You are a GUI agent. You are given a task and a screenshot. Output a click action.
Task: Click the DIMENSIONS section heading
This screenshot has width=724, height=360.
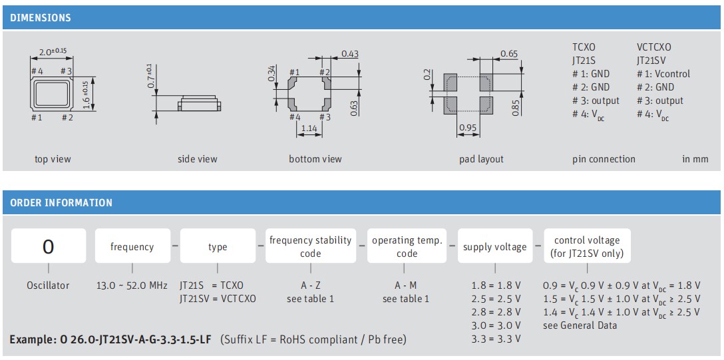click(x=41, y=18)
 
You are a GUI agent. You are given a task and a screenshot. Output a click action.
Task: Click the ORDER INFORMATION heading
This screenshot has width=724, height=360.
click(x=61, y=203)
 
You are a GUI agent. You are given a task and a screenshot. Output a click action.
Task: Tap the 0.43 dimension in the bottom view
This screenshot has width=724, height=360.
click(x=350, y=54)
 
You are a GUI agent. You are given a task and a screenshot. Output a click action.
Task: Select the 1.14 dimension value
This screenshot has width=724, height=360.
click(x=309, y=128)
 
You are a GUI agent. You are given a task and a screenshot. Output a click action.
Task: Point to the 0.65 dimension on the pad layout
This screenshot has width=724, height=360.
click(x=509, y=54)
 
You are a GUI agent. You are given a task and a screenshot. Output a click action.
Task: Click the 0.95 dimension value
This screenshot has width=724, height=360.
click(x=468, y=128)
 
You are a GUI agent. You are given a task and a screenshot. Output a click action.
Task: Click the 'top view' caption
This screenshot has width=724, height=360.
click(x=53, y=159)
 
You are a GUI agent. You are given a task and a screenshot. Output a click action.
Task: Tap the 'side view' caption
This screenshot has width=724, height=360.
click(x=197, y=159)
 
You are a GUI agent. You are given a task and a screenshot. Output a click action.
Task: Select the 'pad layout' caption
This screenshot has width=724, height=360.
click(x=481, y=159)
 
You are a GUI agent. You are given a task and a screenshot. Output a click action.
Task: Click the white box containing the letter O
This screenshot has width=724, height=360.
click(x=48, y=247)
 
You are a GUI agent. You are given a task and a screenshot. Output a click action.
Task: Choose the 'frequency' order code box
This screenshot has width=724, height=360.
click(x=132, y=247)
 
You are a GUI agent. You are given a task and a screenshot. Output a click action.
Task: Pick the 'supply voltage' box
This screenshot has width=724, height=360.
click(x=494, y=247)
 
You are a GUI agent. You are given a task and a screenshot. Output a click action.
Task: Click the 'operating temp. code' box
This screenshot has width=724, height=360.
click(x=407, y=247)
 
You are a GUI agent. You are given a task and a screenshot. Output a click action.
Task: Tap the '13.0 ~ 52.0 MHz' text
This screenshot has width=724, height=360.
click(x=132, y=285)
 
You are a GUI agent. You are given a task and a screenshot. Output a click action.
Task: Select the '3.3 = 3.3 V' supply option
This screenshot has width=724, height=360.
click(x=496, y=339)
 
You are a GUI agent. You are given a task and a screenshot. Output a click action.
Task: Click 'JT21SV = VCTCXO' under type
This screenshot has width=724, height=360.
click(x=217, y=299)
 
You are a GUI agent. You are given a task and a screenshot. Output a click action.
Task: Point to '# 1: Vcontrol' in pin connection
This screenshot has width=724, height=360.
click(x=663, y=74)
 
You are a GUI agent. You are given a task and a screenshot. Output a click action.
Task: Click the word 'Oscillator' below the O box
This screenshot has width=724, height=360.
click(x=48, y=285)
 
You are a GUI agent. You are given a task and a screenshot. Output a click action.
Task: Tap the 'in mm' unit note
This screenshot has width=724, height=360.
click(x=695, y=159)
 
